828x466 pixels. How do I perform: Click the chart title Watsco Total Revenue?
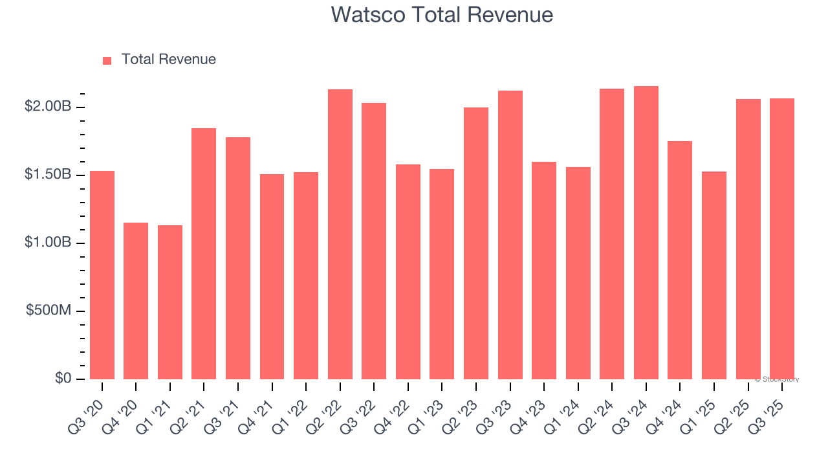click(x=442, y=14)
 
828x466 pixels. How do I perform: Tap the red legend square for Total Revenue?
click(x=107, y=60)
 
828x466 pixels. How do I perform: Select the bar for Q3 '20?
click(x=102, y=275)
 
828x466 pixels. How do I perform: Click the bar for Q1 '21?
click(x=170, y=302)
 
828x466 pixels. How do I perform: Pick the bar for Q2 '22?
click(x=340, y=234)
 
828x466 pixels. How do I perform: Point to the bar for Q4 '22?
click(x=408, y=272)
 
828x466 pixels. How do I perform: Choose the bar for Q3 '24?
click(x=646, y=233)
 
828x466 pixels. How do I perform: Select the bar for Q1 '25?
click(x=714, y=275)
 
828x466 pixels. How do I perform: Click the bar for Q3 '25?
click(x=782, y=239)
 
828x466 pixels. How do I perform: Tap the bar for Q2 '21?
click(x=204, y=254)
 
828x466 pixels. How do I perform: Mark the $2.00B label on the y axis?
click(x=48, y=107)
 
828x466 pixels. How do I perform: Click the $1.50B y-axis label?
click(x=48, y=175)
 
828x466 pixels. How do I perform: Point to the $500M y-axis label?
click(x=49, y=311)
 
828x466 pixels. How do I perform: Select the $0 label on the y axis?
click(x=63, y=378)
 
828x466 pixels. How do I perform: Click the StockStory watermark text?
click(x=777, y=379)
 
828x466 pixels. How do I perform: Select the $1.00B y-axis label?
click(x=48, y=243)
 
